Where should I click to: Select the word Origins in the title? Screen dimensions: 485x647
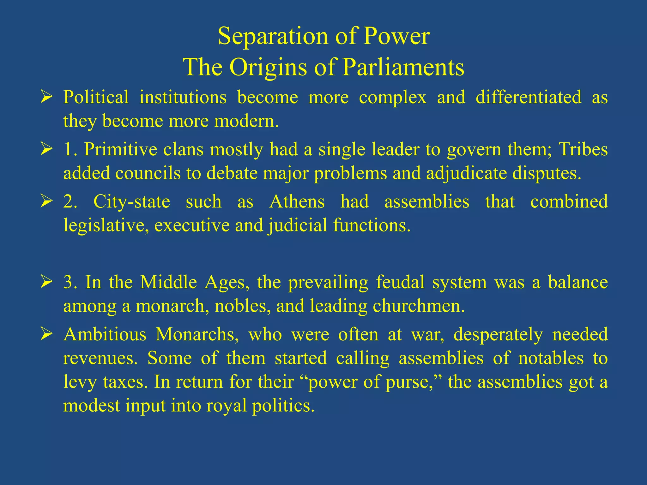coord(268,68)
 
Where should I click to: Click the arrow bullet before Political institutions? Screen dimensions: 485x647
coord(46,97)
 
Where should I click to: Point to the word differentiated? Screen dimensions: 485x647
coord(528,97)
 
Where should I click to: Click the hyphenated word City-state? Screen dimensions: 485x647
coord(132,201)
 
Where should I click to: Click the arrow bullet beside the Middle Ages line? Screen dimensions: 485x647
coord(46,282)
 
